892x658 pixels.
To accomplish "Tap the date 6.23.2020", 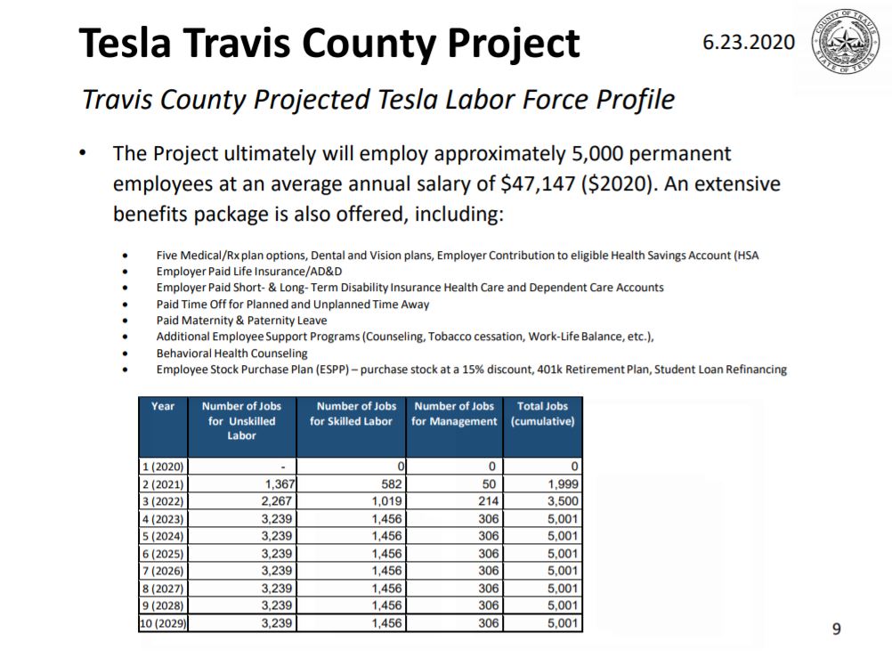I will click(749, 43).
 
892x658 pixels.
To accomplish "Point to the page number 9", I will click(836, 630).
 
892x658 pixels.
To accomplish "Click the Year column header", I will click(163, 406).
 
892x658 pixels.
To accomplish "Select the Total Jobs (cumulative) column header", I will click(542, 414).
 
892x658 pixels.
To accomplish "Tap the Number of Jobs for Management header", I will click(454, 414).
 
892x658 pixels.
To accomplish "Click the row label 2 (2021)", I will click(162, 484).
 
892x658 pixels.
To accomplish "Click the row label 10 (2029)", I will click(162, 623).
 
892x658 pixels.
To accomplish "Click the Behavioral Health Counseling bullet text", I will click(231, 353).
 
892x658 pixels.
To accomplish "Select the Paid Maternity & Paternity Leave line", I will click(241, 321).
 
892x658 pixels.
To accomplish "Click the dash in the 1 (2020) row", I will click(282, 467).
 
